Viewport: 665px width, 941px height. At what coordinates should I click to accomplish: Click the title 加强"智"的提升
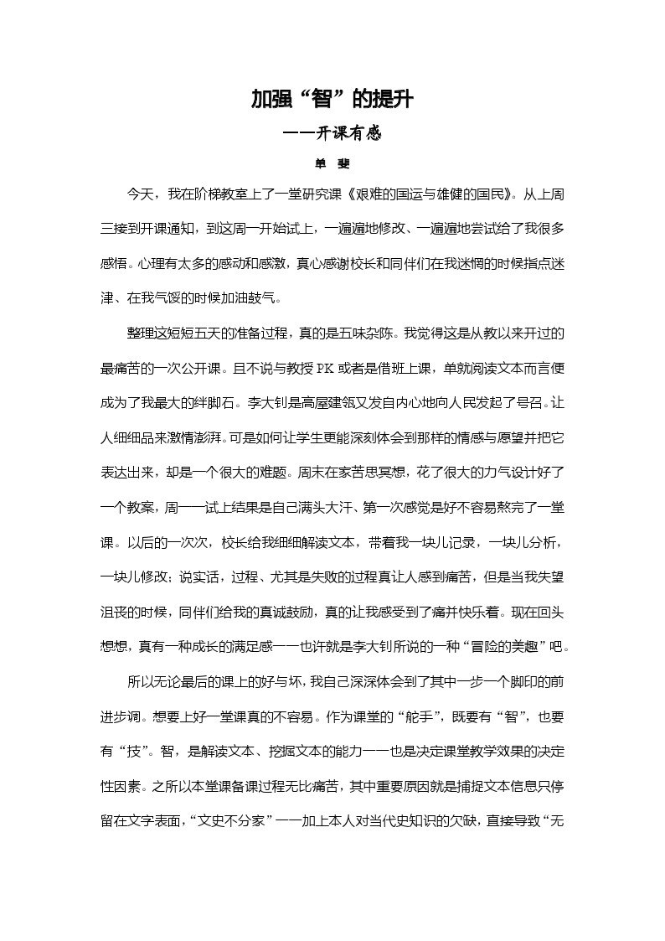tap(332, 101)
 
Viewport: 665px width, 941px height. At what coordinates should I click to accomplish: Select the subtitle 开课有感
tap(343, 133)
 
